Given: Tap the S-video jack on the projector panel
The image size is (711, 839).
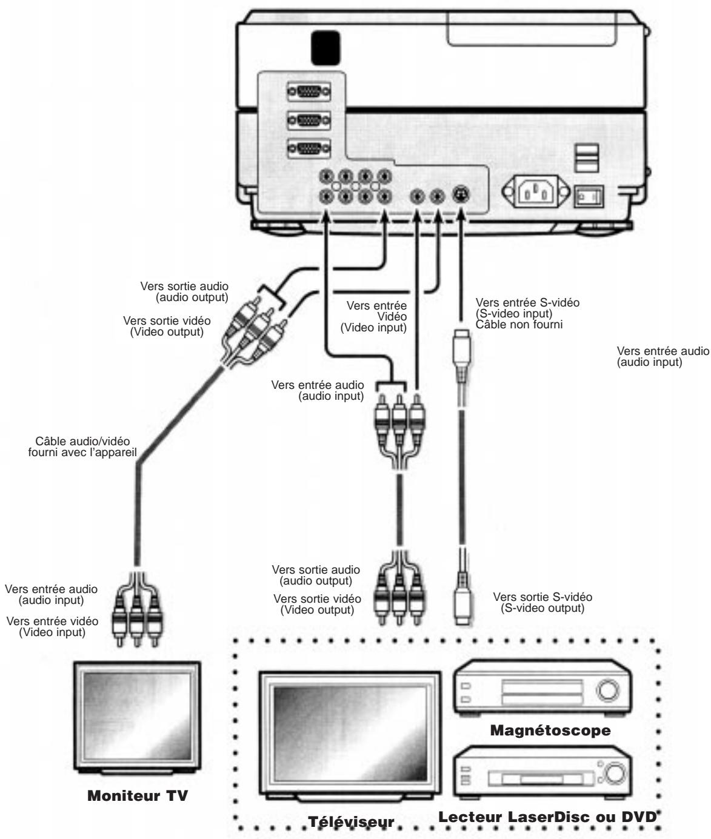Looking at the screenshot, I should (461, 196).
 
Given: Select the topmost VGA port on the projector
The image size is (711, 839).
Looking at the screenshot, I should (310, 92).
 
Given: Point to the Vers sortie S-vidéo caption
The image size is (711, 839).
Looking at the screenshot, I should (542, 603).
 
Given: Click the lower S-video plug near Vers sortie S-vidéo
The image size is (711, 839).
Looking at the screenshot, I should (461, 609).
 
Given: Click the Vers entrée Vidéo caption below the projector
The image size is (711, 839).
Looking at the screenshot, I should (373, 317).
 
